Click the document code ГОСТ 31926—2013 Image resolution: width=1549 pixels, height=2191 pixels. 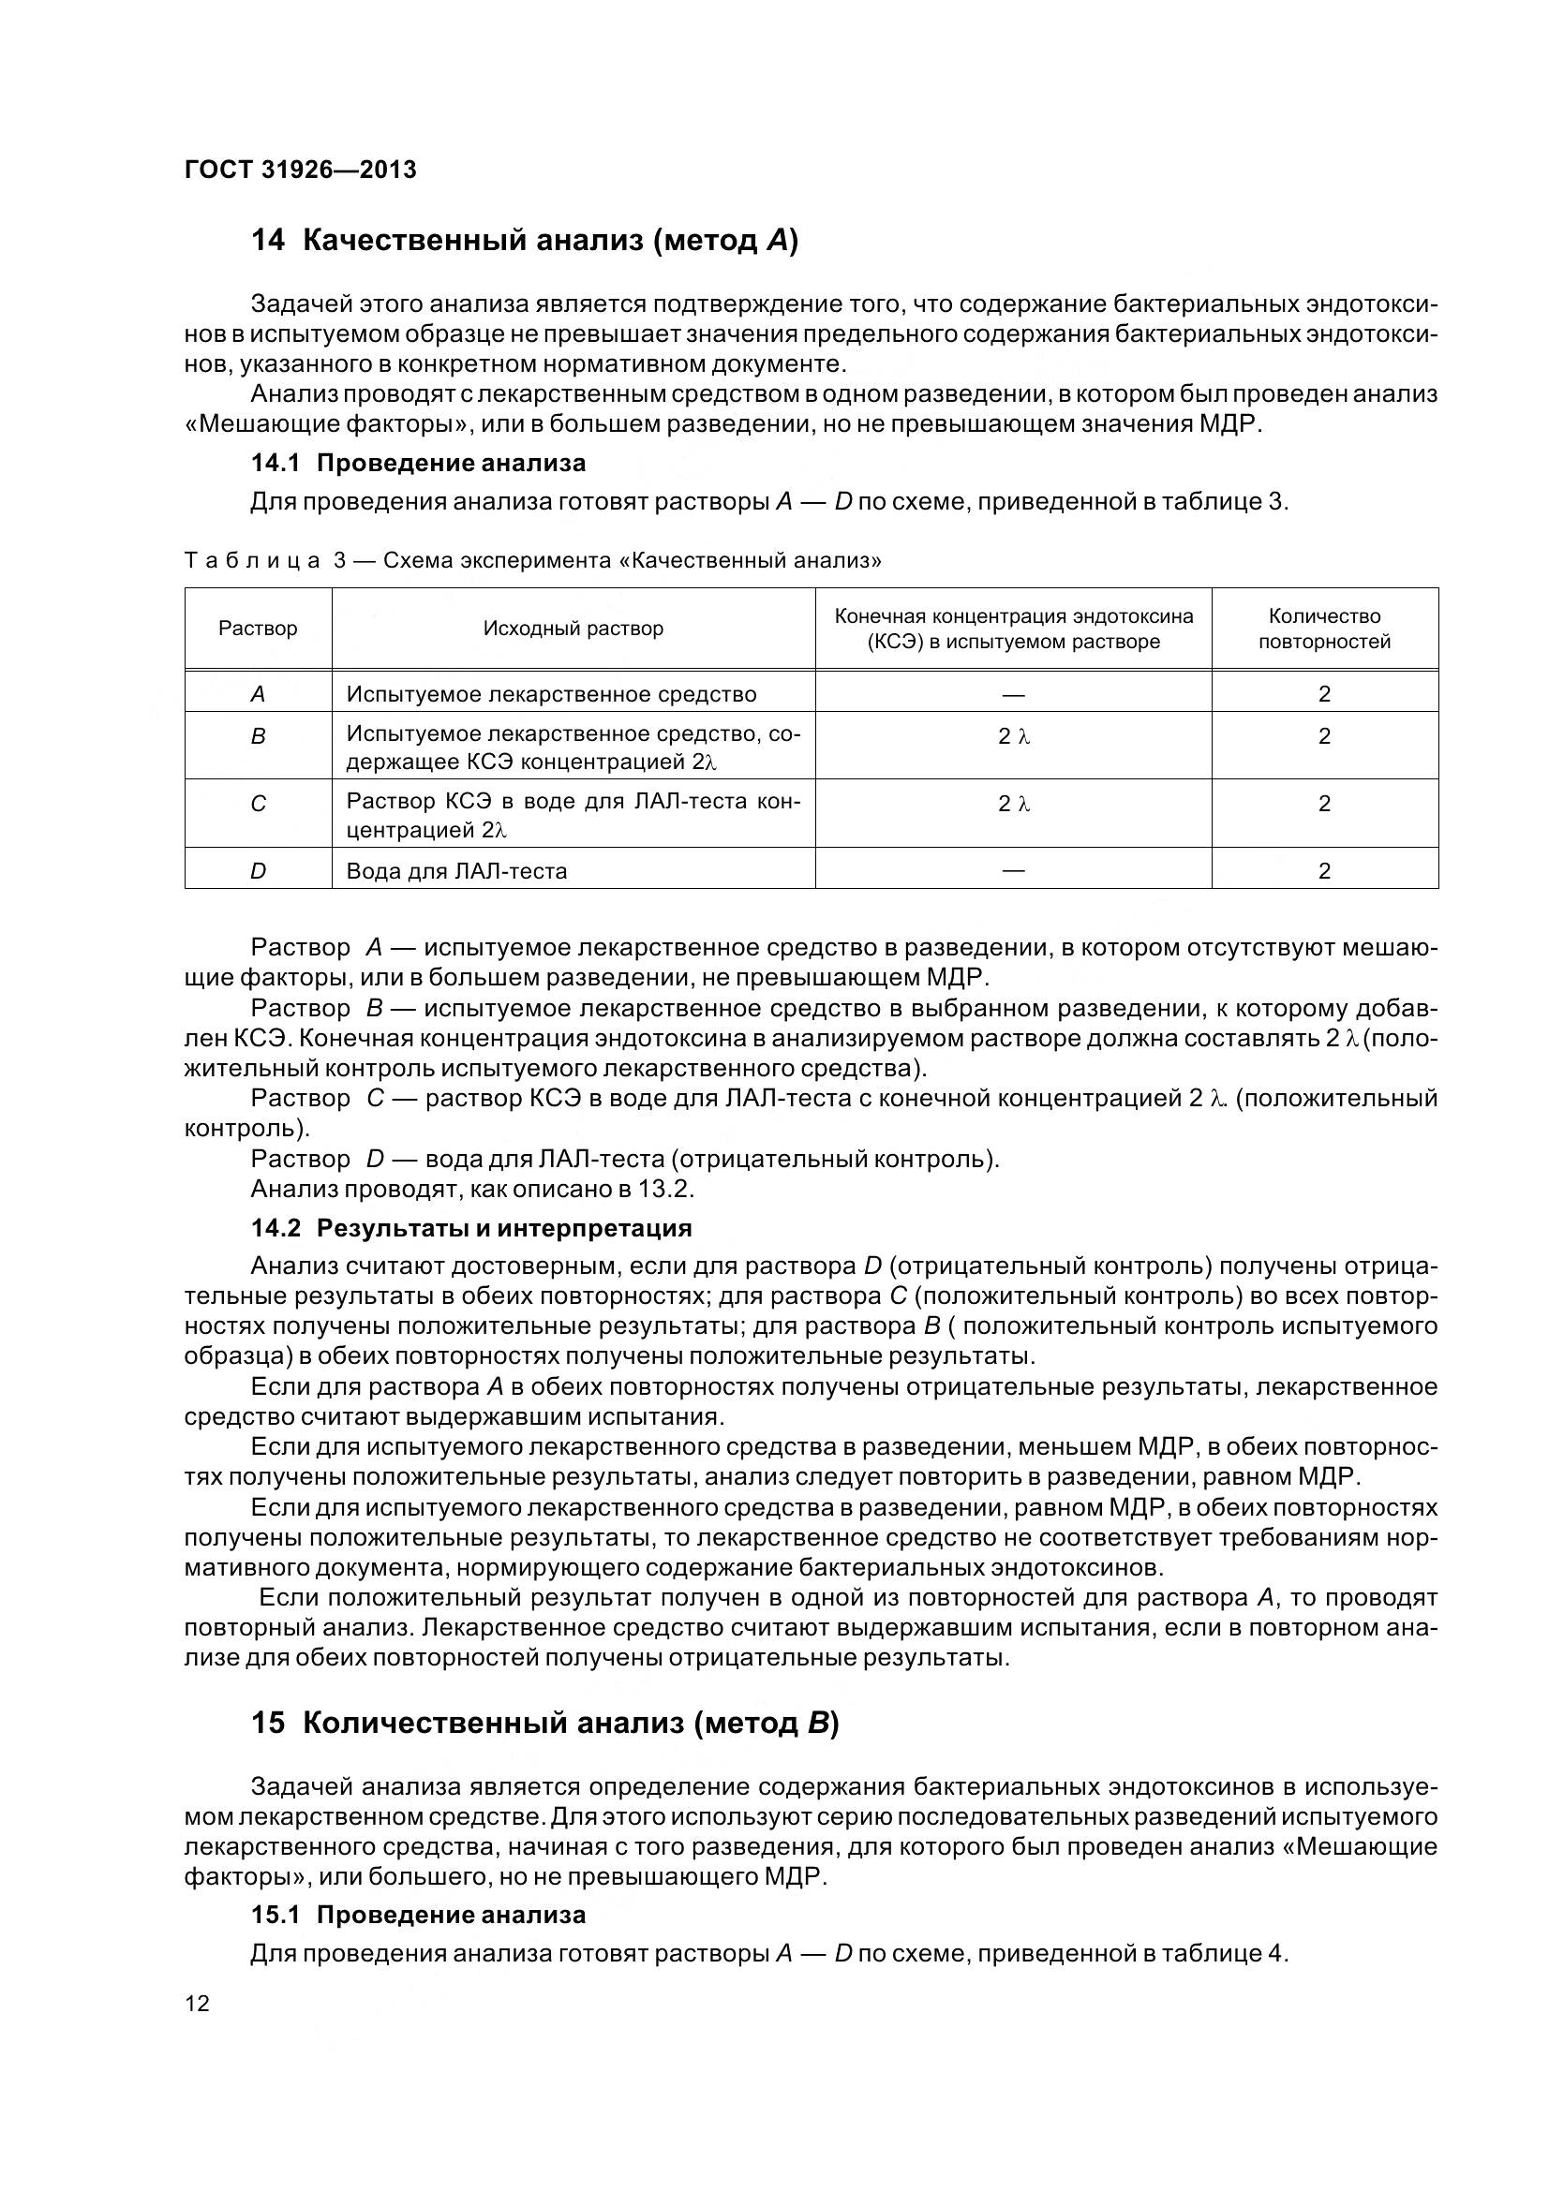coord(300,170)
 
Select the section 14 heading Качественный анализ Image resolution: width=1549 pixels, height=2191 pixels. coord(524,241)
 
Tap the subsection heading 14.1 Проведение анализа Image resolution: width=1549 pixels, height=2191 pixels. coord(418,464)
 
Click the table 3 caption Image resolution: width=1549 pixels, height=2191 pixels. coord(532,560)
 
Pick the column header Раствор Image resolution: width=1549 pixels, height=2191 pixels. coord(258,628)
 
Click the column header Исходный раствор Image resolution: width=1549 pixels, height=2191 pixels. coord(573,628)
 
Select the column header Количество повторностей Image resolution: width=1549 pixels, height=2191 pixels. coord(1324,629)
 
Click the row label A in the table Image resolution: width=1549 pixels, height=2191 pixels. coord(258,694)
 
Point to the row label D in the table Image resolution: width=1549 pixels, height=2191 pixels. coord(258,870)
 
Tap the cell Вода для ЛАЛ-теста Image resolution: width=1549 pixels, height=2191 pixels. coord(456,871)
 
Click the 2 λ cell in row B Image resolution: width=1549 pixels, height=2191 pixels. coord(1014,736)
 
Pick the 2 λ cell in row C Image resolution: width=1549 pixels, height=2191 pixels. coord(1014,805)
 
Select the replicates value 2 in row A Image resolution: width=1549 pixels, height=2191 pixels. coord(1324,694)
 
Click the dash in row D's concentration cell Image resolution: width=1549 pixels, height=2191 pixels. coord(1014,870)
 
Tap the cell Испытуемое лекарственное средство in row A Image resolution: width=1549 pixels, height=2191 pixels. coord(551,694)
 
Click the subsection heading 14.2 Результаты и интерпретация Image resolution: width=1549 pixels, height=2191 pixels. coord(471,1228)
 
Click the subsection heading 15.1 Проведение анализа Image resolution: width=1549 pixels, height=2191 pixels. coord(418,1916)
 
